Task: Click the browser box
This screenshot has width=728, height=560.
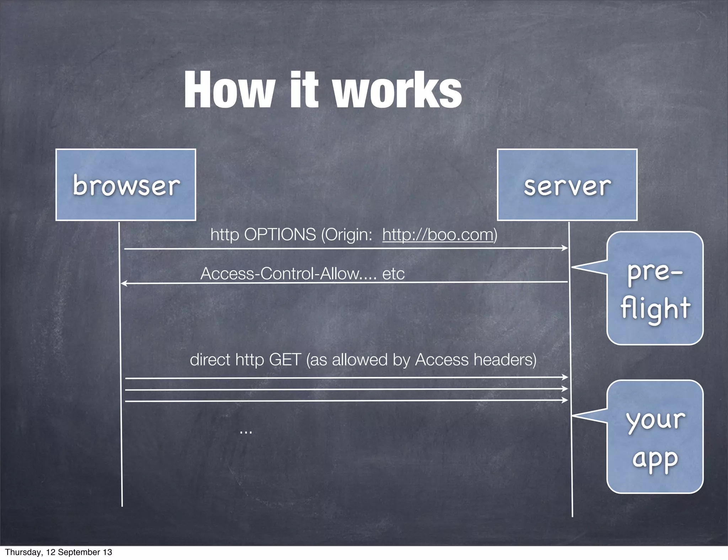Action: coord(125,185)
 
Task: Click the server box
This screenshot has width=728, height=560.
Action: coord(567,185)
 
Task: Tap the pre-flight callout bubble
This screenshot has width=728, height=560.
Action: coord(655,288)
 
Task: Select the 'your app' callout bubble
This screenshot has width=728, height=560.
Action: coord(655,437)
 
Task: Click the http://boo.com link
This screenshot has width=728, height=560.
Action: coord(438,235)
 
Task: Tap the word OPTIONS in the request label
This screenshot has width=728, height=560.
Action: coord(280,235)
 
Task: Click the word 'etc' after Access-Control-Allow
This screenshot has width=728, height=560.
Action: coord(394,274)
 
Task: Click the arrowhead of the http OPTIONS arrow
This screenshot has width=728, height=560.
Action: coord(565,248)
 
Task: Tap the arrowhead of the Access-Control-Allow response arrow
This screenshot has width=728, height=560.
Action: coord(124,283)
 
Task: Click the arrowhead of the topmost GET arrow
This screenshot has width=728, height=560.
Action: coord(565,377)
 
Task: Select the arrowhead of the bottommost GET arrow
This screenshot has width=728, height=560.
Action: coord(565,400)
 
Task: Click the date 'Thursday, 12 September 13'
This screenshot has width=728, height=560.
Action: coord(59,552)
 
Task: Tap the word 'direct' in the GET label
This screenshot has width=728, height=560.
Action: coord(210,360)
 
